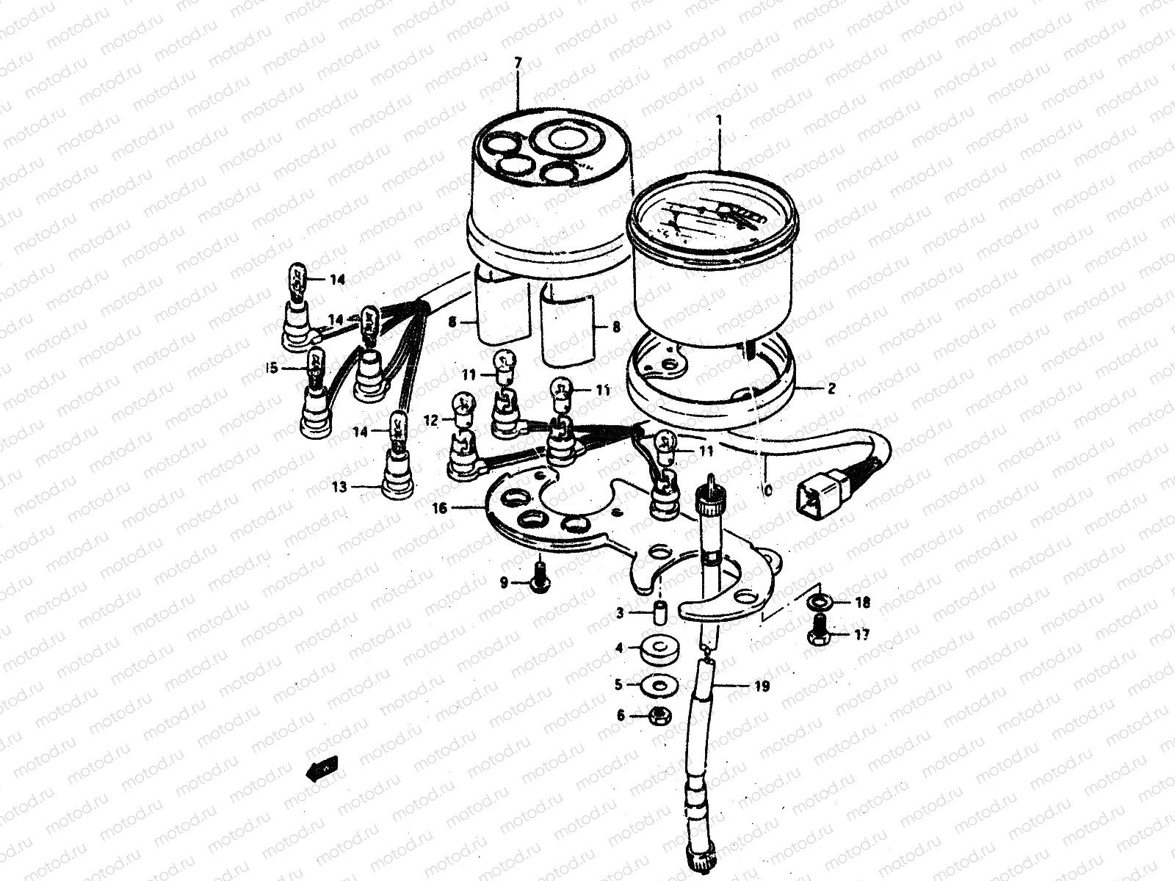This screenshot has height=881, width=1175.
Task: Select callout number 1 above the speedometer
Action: (720, 119)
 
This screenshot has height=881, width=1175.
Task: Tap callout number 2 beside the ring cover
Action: (831, 390)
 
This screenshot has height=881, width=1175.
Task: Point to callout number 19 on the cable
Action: (762, 687)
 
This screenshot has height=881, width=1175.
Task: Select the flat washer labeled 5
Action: (655, 685)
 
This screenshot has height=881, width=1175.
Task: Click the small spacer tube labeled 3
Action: (659, 611)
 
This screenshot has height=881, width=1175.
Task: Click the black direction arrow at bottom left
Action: (321, 769)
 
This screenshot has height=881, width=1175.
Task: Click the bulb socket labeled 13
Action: (397, 477)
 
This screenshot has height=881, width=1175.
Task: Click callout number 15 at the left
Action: (272, 368)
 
